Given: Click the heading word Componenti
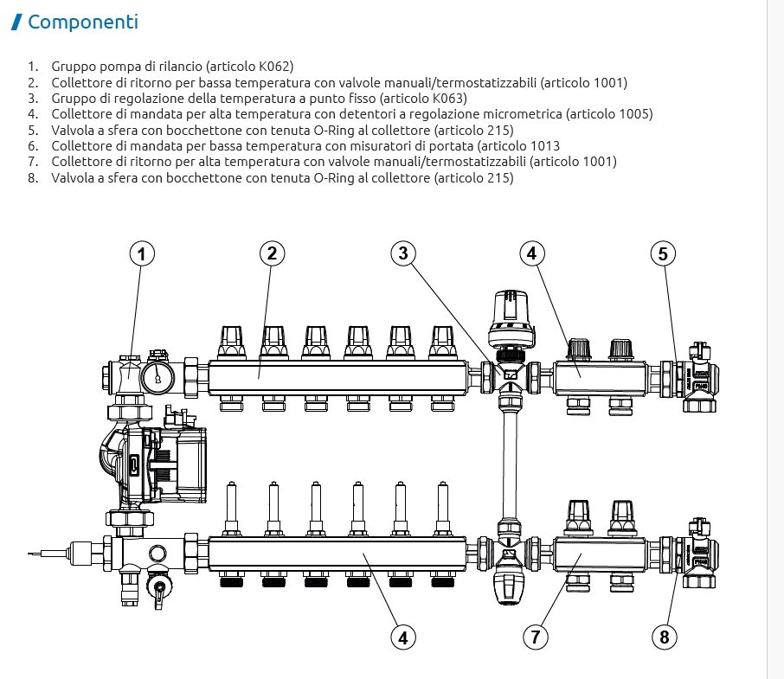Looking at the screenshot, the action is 83,22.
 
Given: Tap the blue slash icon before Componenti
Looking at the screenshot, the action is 16,22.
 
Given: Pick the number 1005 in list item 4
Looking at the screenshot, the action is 633,114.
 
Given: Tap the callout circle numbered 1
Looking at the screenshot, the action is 142,253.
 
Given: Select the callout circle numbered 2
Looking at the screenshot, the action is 272,253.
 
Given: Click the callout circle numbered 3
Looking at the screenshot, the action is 403,253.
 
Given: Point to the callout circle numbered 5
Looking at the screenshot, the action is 663,253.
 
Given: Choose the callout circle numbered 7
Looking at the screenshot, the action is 536,637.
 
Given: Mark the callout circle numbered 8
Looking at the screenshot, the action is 665,637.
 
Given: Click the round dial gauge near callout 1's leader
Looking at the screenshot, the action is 158,378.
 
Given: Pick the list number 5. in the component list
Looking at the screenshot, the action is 33,131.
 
